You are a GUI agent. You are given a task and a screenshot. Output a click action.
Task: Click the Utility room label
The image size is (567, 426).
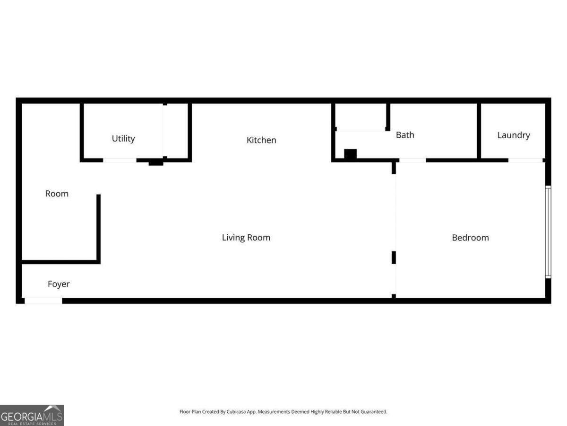click(x=123, y=139)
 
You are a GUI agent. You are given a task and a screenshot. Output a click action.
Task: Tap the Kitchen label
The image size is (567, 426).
click(x=261, y=140)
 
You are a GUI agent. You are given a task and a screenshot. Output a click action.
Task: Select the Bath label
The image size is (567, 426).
click(x=405, y=135)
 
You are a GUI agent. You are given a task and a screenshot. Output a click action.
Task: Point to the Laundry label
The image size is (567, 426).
click(x=514, y=135)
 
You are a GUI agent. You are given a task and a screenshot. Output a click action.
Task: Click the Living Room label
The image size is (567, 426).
click(x=246, y=238)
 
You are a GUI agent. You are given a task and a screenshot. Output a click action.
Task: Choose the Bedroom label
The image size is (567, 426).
click(x=470, y=238)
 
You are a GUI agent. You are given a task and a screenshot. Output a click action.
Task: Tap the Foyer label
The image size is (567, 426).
click(x=59, y=284)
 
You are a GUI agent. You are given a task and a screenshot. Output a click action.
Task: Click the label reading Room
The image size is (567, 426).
click(x=57, y=194)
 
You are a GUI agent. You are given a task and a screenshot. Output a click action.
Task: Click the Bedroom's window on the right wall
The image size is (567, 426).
click(x=548, y=232)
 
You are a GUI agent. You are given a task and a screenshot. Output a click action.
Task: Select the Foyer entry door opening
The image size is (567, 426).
click(x=43, y=301)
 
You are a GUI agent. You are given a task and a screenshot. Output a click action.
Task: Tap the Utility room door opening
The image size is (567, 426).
click(x=120, y=160)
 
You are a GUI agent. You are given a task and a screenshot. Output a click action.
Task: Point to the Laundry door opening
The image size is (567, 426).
click(x=525, y=160)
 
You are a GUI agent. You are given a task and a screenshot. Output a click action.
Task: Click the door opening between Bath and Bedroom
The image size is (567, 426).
click(x=412, y=160)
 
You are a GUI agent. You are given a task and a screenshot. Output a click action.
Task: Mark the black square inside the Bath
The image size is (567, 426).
click(x=350, y=154)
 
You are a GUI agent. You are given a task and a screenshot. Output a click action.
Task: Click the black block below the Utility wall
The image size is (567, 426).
click(x=156, y=163)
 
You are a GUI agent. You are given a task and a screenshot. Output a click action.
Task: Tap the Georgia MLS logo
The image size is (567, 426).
click(x=32, y=415)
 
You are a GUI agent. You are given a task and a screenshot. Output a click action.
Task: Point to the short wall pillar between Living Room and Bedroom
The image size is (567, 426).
click(x=394, y=257)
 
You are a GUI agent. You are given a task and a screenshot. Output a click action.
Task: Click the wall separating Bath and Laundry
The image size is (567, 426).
click(x=479, y=131)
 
